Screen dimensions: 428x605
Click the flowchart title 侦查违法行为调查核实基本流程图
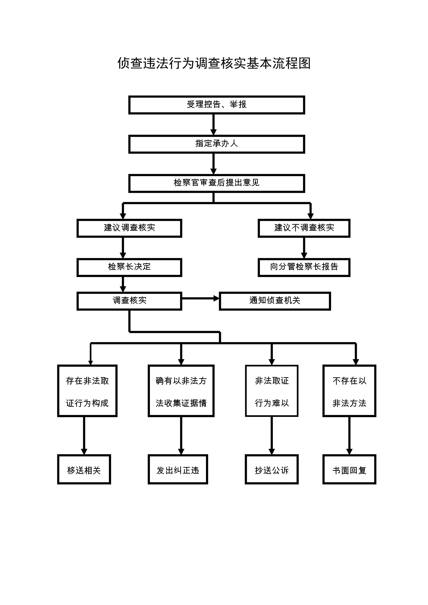[214, 63]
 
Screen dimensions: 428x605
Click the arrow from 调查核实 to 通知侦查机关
[201, 299]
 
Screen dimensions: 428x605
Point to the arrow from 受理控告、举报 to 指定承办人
[214, 125]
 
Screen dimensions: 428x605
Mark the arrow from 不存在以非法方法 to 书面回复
[350, 436]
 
